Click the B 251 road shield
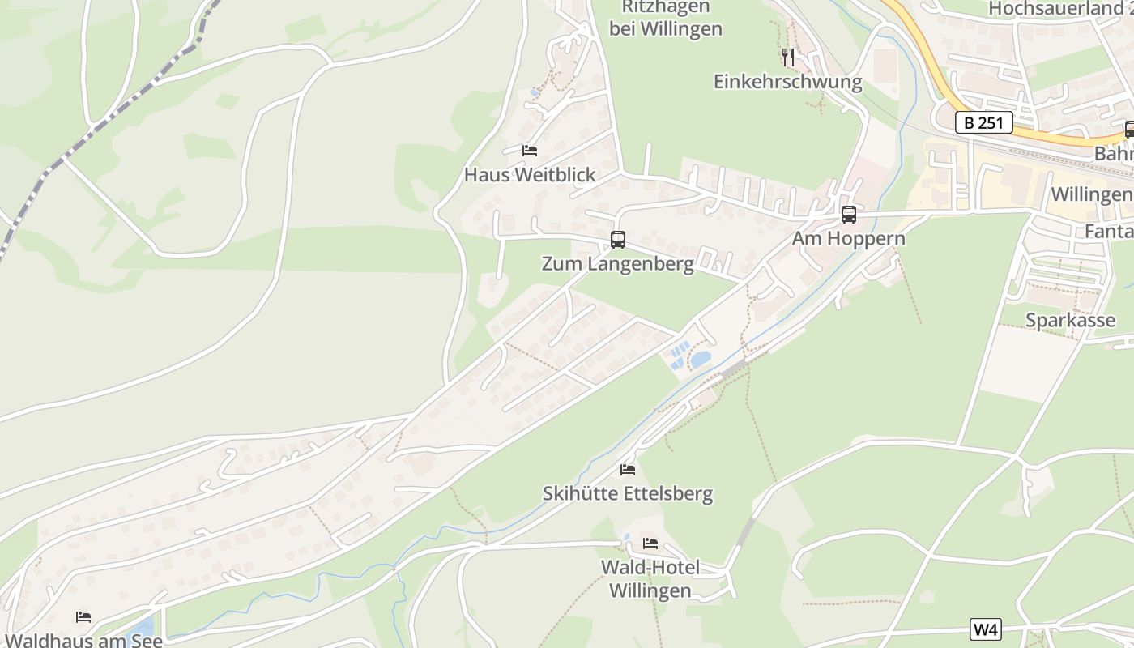coord(984,123)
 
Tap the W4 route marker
coord(985,629)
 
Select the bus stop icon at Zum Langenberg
coord(618,240)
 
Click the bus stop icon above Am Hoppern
coord(849,215)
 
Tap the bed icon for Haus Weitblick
coord(530,151)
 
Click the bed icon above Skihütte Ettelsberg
coord(628,470)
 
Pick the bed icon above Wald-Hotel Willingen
coord(650,544)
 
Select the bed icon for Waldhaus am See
coord(83,617)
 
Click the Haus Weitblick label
coord(530,174)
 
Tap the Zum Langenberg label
coord(618,264)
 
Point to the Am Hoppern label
coord(849,239)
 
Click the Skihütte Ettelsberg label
coord(628,493)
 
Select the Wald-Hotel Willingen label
coord(650,578)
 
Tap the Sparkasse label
coord(1070,320)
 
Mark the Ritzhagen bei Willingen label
coord(666,18)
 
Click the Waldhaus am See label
coord(83,640)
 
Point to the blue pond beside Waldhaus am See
coord(143,627)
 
